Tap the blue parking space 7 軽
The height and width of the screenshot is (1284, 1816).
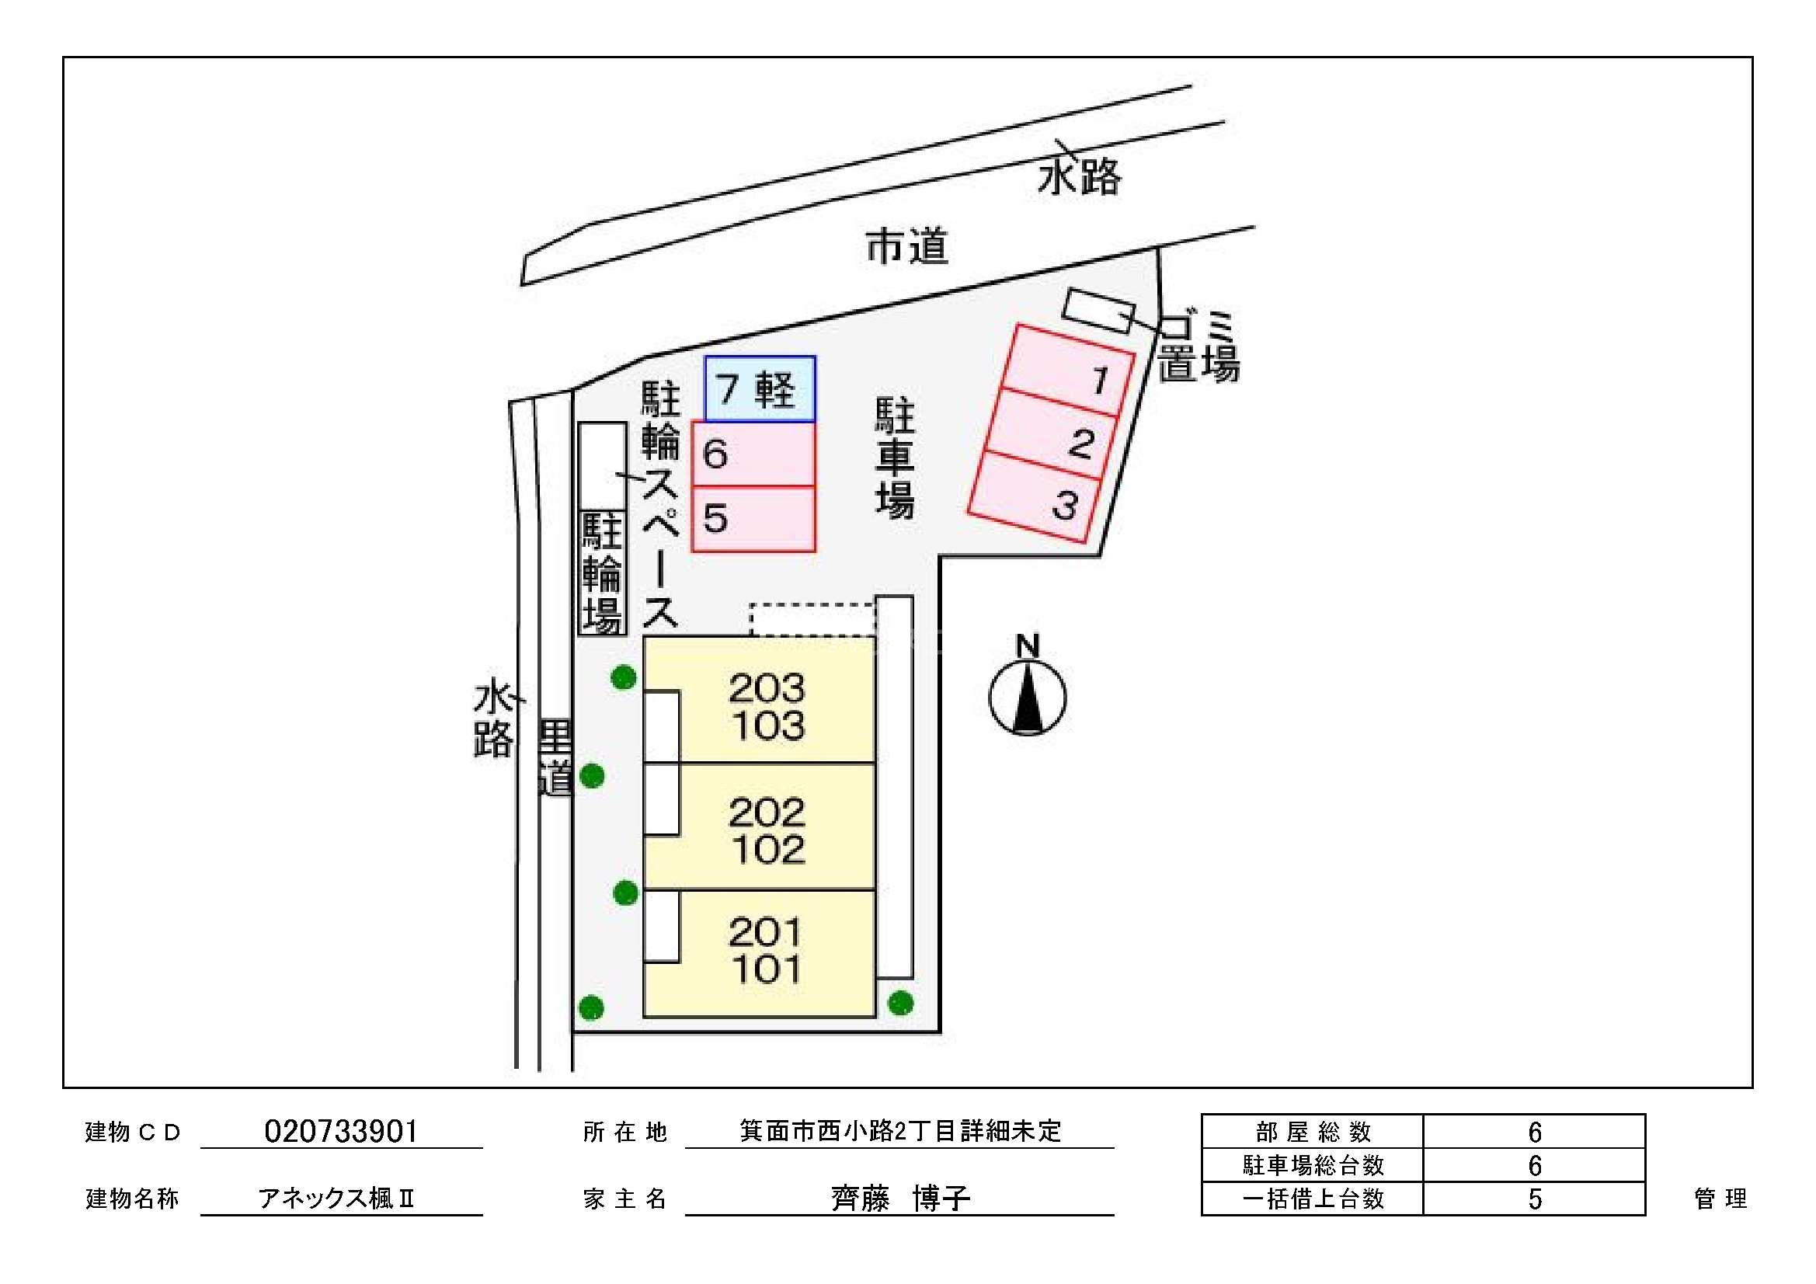760,388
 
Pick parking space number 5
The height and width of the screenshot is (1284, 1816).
753,519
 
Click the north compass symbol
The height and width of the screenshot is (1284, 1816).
1027,694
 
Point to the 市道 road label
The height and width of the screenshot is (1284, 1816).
906,247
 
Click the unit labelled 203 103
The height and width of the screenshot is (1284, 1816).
766,707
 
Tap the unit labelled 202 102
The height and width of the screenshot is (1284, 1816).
766,829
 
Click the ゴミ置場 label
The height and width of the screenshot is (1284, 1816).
1198,347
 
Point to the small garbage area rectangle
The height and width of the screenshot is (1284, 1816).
1098,311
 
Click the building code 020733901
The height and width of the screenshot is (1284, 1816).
341,1132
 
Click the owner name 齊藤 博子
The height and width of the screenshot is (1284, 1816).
900,1199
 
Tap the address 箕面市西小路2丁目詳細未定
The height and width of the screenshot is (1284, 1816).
900,1131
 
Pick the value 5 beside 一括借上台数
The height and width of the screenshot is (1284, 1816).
1533,1199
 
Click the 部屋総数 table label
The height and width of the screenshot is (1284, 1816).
1312,1132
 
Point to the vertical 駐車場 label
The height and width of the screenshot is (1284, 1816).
895,459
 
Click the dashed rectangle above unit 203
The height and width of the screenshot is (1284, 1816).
812,619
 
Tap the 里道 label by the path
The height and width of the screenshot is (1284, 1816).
555,757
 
